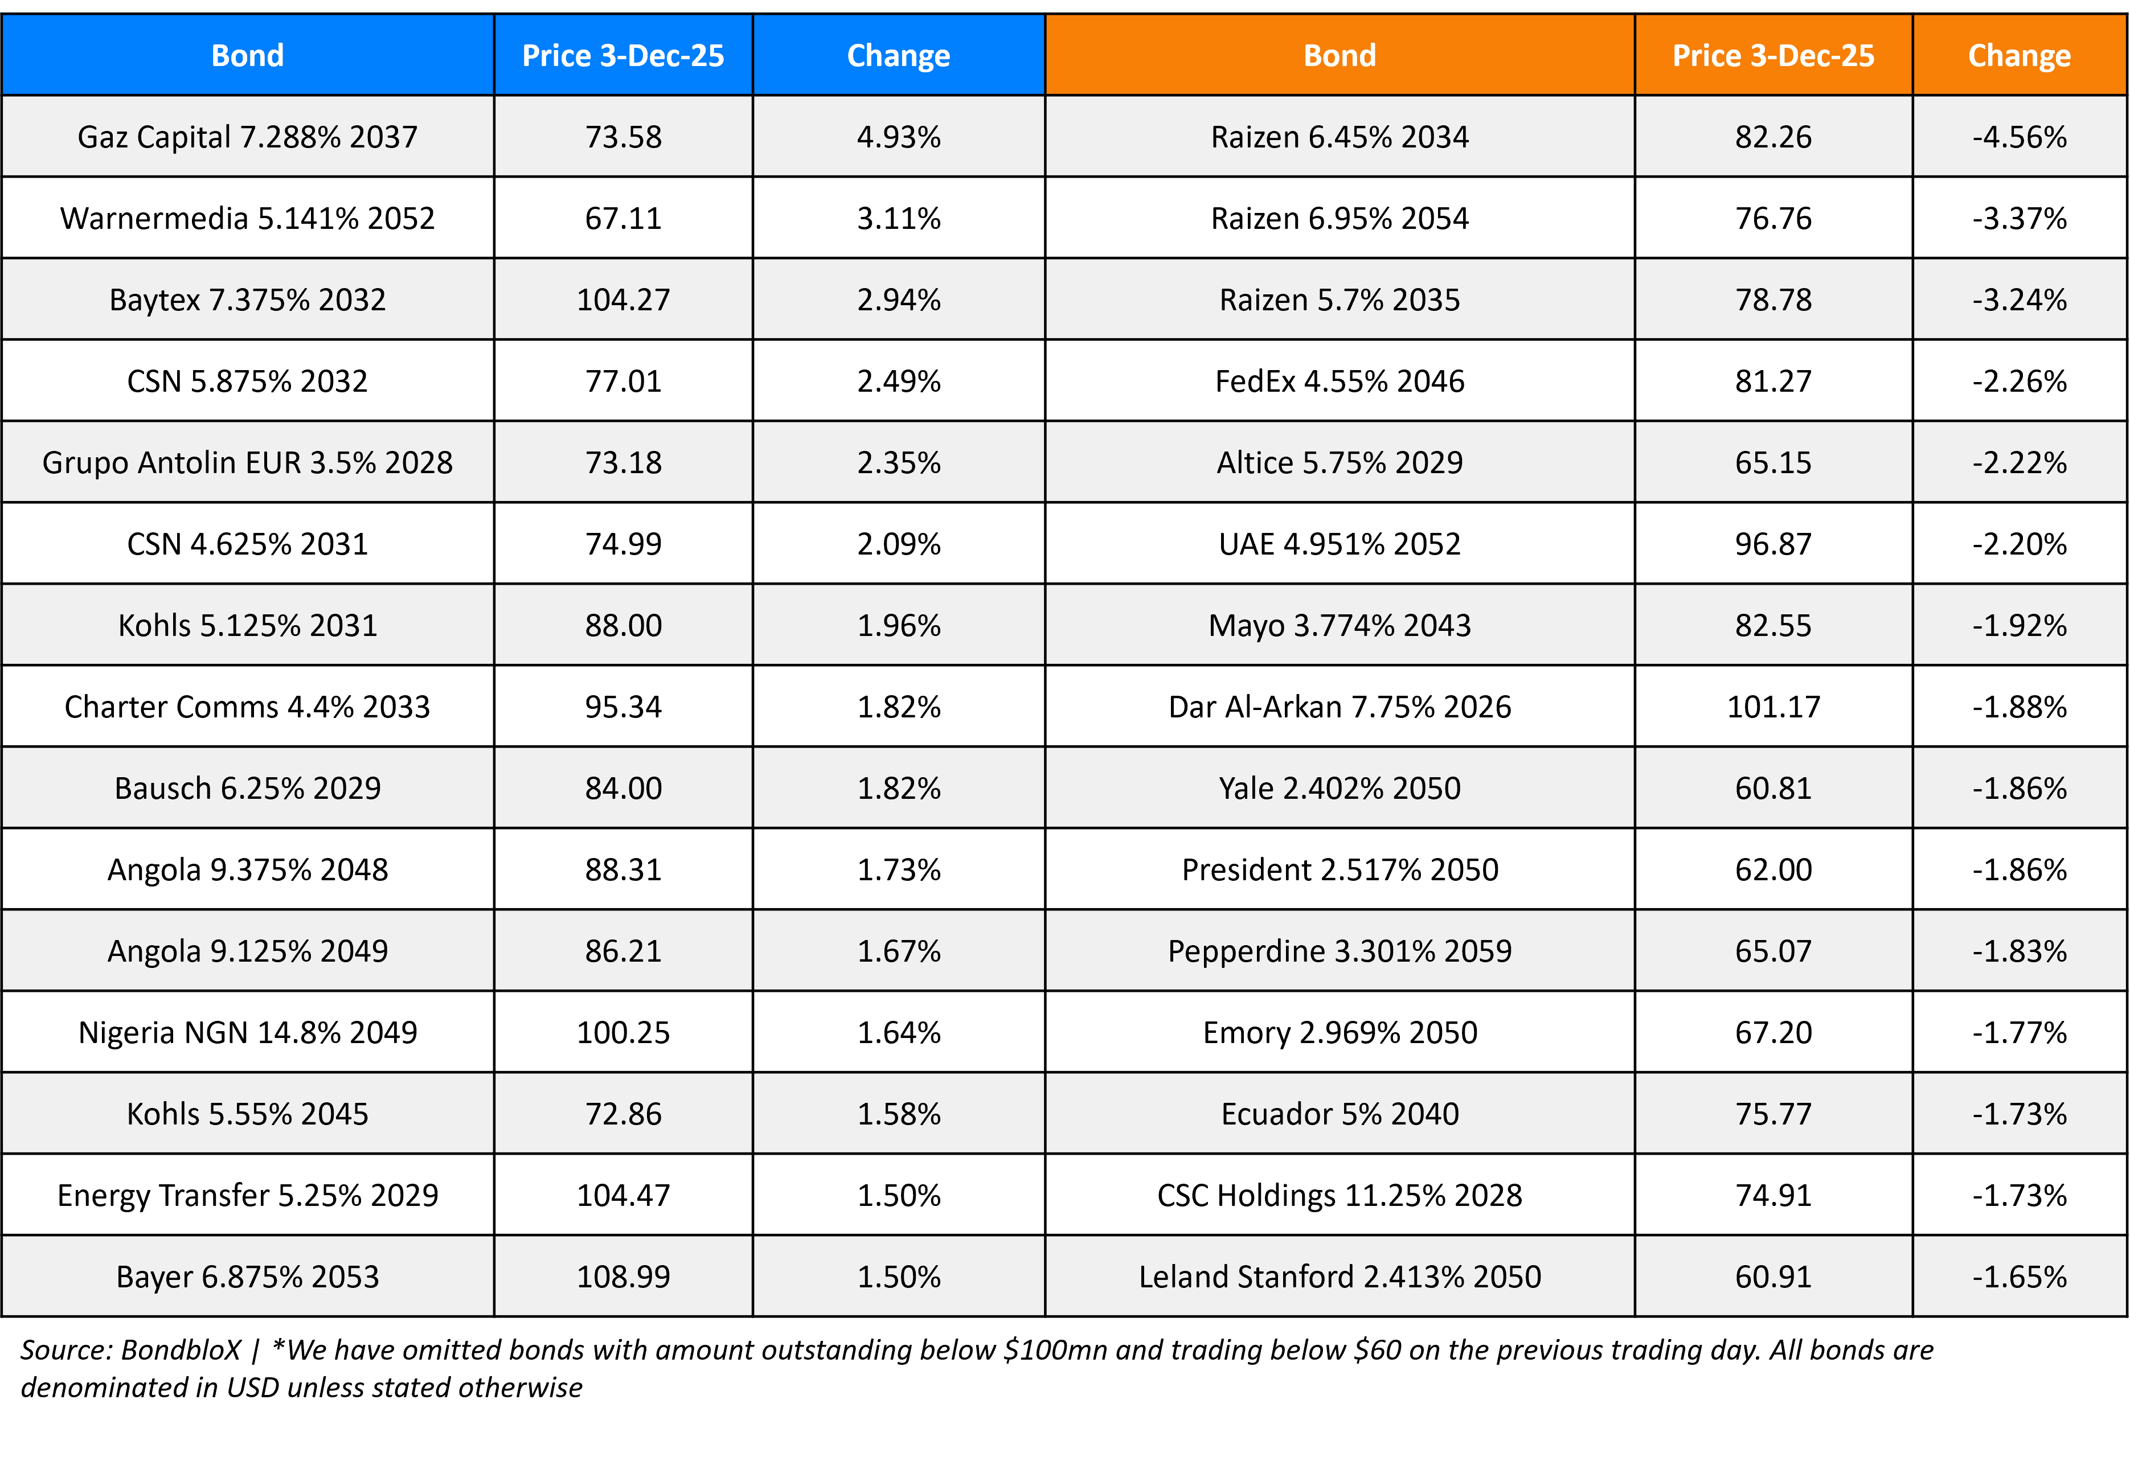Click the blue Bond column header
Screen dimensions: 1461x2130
pos(248,56)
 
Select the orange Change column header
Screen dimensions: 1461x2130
pos(2018,56)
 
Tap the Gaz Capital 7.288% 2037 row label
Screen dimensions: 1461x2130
pos(248,137)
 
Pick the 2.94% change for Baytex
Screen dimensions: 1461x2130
pos(898,299)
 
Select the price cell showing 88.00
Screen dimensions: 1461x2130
pos(623,626)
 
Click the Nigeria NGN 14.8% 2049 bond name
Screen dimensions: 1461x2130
pos(248,1033)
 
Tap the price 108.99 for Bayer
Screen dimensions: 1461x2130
pos(623,1277)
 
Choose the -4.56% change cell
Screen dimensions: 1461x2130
pos(2019,137)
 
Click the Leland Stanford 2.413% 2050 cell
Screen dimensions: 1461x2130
pos(1339,1277)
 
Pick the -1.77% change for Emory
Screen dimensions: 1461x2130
pos(2019,1033)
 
